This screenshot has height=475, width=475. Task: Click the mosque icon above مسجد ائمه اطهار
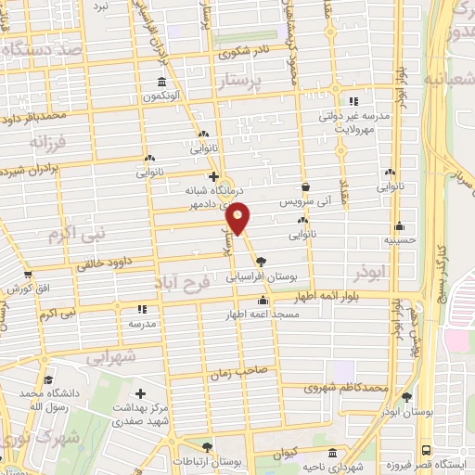(x=263, y=301)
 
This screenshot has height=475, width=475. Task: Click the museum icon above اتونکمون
(x=162, y=83)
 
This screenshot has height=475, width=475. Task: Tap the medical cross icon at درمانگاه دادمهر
(x=213, y=176)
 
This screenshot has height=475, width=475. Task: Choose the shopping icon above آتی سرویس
(x=304, y=186)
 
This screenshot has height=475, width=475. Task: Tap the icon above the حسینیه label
(x=399, y=225)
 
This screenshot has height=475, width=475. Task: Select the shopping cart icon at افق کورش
(x=28, y=275)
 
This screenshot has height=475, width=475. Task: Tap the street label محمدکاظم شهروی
(x=347, y=386)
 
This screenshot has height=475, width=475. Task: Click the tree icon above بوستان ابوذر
(x=406, y=397)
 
